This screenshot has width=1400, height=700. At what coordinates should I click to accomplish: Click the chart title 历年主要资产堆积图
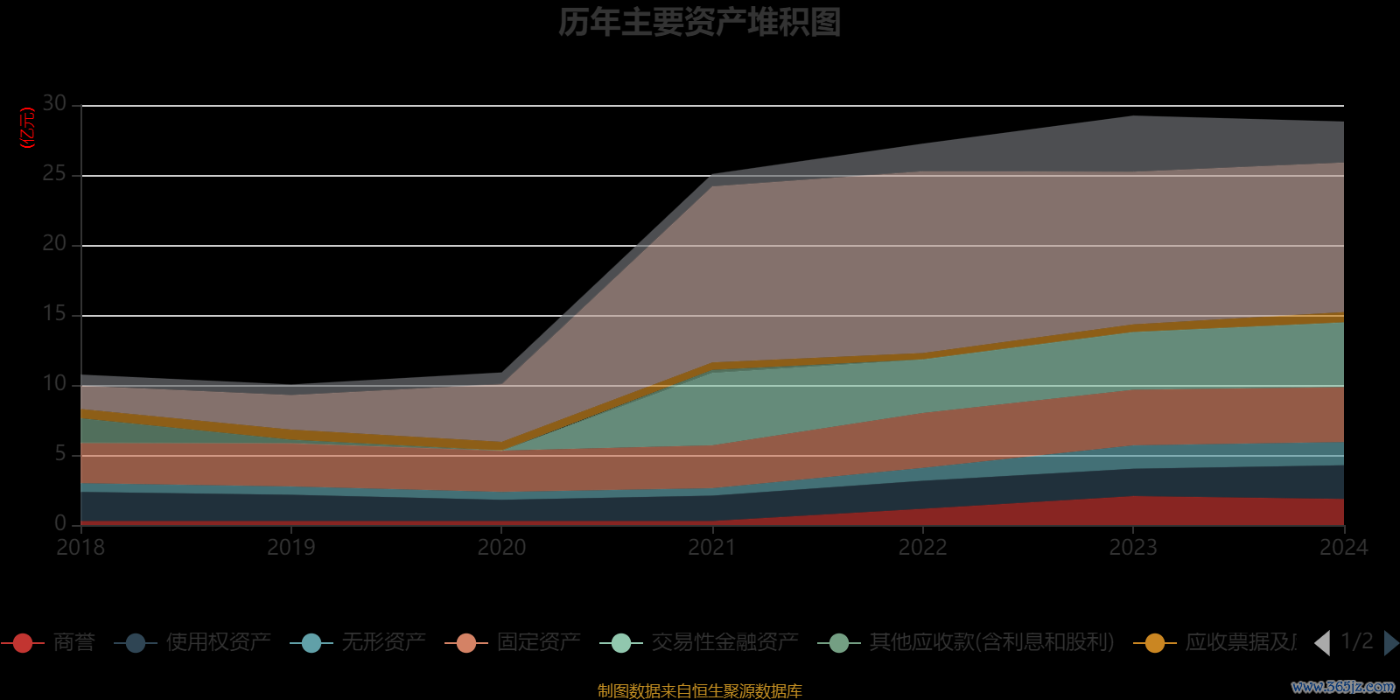click(x=699, y=23)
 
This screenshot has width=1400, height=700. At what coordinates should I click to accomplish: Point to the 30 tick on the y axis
click(x=54, y=104)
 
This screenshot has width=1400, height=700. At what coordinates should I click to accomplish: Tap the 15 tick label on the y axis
click(x=54, y=314)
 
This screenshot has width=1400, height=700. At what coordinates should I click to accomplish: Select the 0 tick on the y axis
click(x=59, y=523)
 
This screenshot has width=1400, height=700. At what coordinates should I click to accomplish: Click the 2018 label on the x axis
click(x=80, y=548)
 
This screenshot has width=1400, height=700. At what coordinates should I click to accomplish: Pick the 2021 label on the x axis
click(x=711, y=548)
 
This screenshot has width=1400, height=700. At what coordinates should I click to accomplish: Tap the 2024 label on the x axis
click(x=1343, y=548)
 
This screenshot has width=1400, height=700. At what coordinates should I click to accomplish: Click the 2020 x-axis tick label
click(x=501, y=548)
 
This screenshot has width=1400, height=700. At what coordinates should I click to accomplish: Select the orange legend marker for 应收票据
click(x=1155, y=643)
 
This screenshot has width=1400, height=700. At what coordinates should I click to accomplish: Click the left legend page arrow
click(x=1322, y=643)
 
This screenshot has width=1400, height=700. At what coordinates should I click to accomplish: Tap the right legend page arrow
click(x=1390, y=643)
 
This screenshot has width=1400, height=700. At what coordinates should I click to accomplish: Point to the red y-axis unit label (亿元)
click(x=28, y=128)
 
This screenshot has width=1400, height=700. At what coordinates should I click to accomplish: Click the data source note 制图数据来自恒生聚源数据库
click(x=699, y=691)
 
